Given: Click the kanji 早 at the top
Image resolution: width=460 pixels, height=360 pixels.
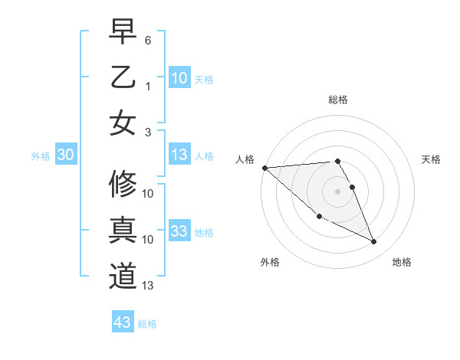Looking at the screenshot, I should [123, 31].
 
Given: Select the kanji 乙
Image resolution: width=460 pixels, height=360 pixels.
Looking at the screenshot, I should [123, 78].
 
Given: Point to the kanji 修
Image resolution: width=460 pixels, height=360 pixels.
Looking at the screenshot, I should [123, 185].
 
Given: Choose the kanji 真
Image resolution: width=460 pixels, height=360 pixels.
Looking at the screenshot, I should [123, 231].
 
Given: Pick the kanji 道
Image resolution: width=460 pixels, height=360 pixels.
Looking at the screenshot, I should [123, 277].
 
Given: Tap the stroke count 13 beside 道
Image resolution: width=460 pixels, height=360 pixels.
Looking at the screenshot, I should [149, 286].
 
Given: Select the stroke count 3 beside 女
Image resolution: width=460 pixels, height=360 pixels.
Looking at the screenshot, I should [148, 132].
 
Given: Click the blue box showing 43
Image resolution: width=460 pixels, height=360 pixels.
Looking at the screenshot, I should [123, 322].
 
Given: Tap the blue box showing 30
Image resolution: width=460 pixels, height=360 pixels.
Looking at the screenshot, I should [65, 155].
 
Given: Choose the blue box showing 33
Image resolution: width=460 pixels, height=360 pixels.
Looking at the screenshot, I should [179, 231].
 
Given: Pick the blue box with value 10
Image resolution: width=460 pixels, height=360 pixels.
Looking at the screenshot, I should [179, 78].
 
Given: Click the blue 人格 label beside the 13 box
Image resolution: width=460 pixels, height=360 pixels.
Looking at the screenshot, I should [204, 156].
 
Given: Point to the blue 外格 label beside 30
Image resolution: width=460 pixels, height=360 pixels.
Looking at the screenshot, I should [41, 156].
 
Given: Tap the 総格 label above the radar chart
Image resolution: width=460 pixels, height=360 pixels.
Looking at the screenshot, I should [338, 100].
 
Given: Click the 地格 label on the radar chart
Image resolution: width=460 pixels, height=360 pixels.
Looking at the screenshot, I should [402, 262].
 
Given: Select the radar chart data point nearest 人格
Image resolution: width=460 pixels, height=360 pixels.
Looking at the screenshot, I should [264, 168].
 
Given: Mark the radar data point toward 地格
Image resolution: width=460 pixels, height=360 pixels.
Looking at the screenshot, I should [374, 242].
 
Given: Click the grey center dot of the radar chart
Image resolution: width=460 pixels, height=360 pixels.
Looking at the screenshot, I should [338, 191].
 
